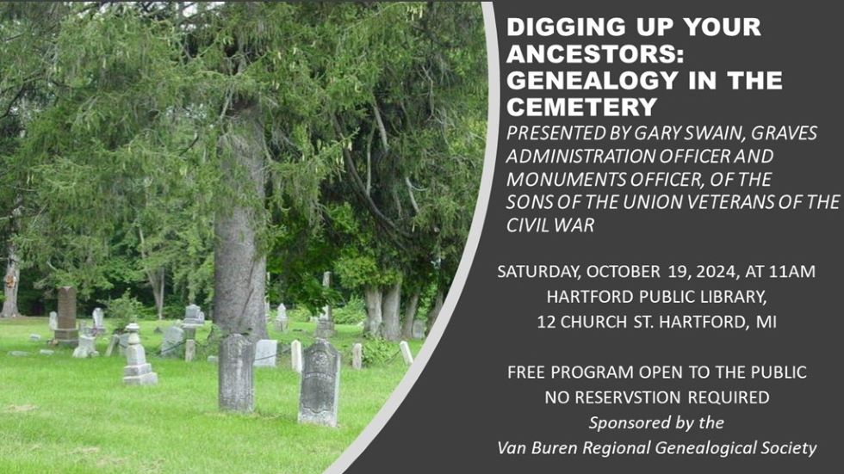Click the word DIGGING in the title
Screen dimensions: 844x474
[559, 27]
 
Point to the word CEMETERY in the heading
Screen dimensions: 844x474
[582, 107]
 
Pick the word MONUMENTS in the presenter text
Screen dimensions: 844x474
[568, 179]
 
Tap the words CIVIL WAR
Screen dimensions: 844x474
[550, 225]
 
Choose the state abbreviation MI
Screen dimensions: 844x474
[766, 322]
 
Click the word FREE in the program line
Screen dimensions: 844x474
[526, 372]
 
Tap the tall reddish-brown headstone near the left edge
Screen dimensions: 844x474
[67, 314]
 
